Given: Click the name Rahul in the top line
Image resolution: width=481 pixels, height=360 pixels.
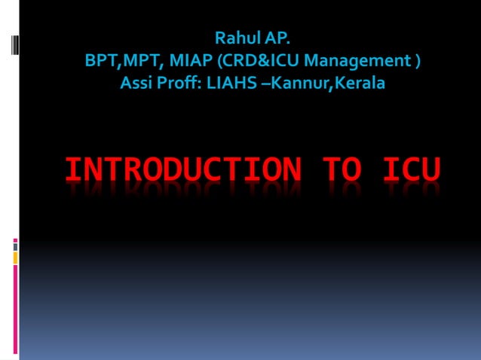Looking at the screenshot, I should (x=234, y=38).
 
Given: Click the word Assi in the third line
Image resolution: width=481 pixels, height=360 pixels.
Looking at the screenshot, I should (x=136, y=82).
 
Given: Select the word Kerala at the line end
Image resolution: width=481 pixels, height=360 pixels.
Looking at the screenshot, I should (x=361, y=82).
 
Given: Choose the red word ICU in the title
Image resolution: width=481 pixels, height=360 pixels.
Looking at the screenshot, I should (x=412, y=170).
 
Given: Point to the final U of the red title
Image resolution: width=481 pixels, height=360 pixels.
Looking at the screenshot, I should (x=430, y=170).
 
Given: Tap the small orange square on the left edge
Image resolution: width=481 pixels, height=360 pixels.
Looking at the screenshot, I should (x=15, y=258).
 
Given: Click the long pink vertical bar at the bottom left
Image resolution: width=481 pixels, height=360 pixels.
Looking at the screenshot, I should (x=15, y=309).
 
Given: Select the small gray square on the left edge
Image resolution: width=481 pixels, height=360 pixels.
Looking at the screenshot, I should (x=15, y=246).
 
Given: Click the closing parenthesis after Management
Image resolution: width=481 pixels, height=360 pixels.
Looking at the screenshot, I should (x=417, y=60).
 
